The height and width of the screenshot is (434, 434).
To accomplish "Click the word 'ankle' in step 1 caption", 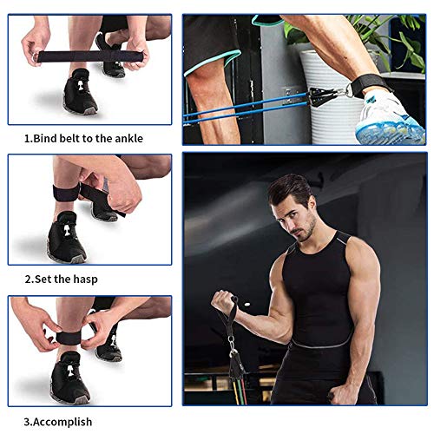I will (x=124, y=138).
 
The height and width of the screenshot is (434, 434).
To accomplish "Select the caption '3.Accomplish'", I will (x=56, y=422).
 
